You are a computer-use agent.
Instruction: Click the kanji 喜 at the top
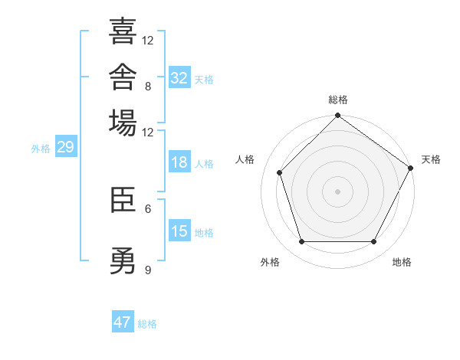(x=123, y=31)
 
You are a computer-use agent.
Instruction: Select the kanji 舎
(x=123, y=77)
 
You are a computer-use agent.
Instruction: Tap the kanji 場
(x=123, y=123)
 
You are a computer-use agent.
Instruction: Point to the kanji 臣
(x=123, y=200)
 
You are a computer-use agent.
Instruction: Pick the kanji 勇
(x=123, y=260)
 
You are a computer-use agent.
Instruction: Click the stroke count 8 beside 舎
(x=148, y=87)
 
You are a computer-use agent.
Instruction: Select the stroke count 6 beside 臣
(x=148, y=209)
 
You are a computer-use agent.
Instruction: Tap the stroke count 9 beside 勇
(x=148, y=270)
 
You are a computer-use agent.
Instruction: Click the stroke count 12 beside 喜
(x=147, y=40)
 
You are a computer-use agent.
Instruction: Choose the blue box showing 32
(x=179, y=77)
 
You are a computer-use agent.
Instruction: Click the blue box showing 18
(x=179, y=162)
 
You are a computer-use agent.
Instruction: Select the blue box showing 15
(x=179, y=230)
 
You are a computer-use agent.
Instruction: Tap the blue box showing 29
(x=66, y=146)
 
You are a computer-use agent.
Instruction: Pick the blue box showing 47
(x=123, y=321)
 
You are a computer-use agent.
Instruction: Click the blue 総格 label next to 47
(x=147, y=324)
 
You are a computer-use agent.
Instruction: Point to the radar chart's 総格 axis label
(x=338, y=100)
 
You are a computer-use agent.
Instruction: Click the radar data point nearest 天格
(x=410, y=168)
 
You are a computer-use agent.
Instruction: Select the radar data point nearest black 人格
(x=279, y=172)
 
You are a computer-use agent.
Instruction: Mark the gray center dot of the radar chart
(x=337, y=191)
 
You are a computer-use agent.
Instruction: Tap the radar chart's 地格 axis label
(x=402, y=262)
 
